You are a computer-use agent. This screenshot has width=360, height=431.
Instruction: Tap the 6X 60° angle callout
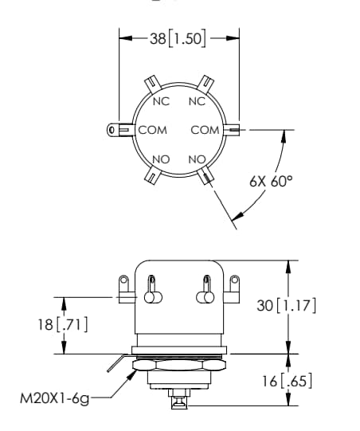(270, 181)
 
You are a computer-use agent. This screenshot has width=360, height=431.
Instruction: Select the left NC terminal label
(161, 101)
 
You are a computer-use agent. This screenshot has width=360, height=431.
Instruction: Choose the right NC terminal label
(197, 101)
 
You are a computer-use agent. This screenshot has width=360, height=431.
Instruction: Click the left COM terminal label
(152, 130)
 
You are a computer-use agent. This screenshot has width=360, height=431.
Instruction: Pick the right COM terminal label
(205, 130)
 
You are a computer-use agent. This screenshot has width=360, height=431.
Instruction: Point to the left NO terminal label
(161, 159)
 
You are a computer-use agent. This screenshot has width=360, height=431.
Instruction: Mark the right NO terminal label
(197, 159)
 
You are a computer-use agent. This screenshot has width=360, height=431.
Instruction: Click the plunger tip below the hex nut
(178, 402)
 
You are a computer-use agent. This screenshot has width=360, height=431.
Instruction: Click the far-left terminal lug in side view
(123, 288)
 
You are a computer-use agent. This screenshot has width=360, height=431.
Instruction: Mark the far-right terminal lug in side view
(233, 288)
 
